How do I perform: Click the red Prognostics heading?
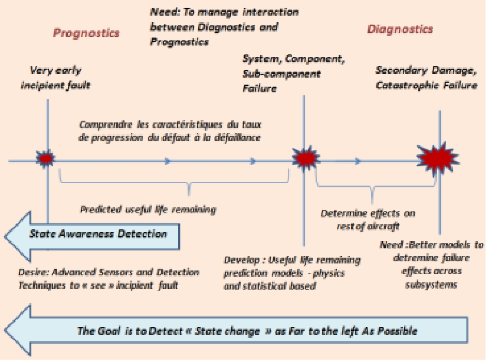(86, 33)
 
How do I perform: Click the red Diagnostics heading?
(400, 29)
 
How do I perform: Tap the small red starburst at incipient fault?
(46, 159)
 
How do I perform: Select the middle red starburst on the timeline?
(304, 159)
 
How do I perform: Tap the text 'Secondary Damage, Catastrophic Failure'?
(426, 77)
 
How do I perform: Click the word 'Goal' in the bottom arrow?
(103, 331)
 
